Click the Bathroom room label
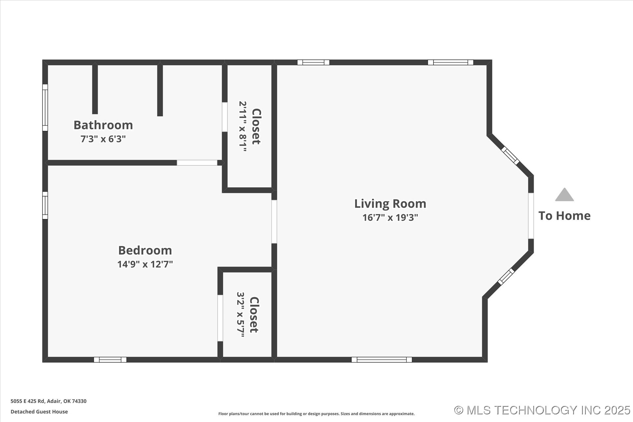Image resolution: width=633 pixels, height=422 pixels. coord(103,125)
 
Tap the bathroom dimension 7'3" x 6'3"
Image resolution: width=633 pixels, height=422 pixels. coord(103,139)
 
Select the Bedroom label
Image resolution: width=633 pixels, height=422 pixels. coord(145,250)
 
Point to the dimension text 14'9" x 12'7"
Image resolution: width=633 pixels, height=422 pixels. coord(145,264)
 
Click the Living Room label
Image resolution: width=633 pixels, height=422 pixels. coord(390,203)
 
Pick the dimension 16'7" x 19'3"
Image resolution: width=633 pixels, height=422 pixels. coord(390,217)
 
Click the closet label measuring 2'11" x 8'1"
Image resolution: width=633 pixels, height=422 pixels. coord(256,126)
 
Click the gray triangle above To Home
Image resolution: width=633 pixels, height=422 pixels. coord(564,195)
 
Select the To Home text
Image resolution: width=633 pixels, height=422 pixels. coord(564,216)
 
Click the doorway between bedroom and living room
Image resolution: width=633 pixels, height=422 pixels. coord(274,222)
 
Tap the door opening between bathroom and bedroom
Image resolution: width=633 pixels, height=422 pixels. coord(197,163)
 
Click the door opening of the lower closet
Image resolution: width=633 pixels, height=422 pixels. coord(220,318)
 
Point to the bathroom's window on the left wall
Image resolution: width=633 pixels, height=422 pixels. coord(45,107)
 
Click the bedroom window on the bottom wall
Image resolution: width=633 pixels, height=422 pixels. coord(110,360)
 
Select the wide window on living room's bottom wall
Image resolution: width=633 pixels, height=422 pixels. coord(381,360)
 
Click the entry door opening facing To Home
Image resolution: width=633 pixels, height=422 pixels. coord(531,216)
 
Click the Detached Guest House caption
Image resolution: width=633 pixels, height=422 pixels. coord(39,411)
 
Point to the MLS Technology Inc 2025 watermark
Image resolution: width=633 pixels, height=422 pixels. coord(542,410)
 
